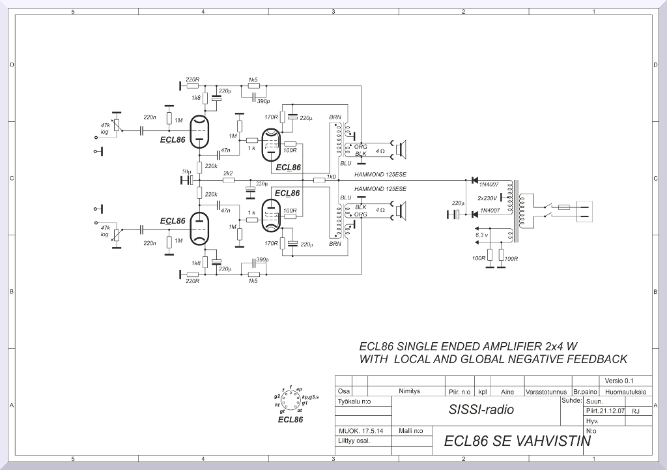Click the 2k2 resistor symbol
click(228, 180)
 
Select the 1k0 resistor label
click(332, 177)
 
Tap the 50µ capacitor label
click(186, 171)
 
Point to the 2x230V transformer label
click(487, 198)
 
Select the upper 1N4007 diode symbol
click(474, 180)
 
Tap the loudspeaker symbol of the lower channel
click(401, 210)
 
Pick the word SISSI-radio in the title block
click(481, 410)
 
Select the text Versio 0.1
click(619, 381)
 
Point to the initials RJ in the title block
click(636, 412)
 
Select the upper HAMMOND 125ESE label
click(380, 175)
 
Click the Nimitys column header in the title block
click(409, 392)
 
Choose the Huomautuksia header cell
click(625, 392)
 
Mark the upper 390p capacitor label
click(264, 101)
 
